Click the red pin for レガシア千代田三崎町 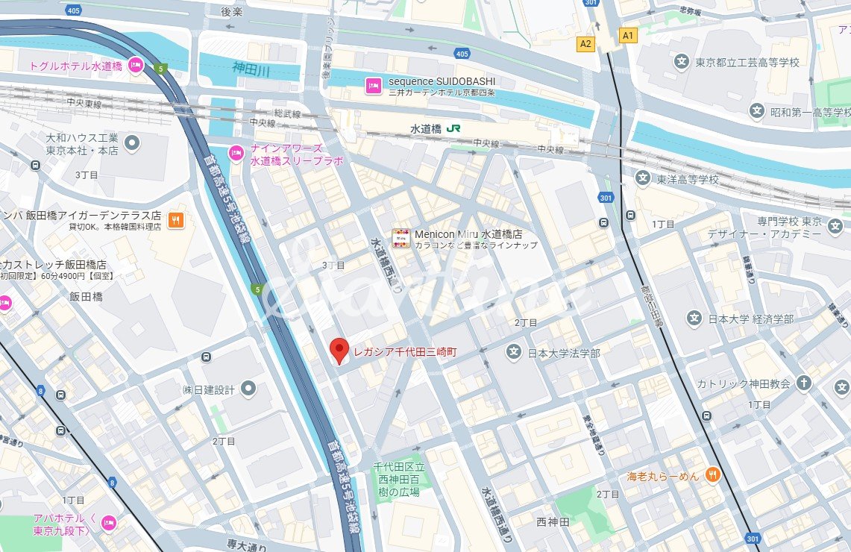[339, 349]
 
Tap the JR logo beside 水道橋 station [453, 128]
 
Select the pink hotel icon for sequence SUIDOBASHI [372, 86]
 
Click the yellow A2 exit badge [585, 44]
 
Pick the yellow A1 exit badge [628, 35]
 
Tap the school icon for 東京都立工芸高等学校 [681, 62]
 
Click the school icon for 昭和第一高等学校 [757, 112]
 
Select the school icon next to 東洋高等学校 [643, 179]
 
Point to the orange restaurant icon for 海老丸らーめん [712, 474]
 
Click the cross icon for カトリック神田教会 [803, 383]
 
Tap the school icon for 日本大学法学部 [514, 352]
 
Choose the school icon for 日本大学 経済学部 [694, 319]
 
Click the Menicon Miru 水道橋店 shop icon [401, 238]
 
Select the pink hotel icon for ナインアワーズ [236, 152]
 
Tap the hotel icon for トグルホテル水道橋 [136, 66]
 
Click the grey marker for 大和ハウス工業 [132, 141]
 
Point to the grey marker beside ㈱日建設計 [248, 389]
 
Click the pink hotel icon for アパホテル [109, 521]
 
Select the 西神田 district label [553, 522]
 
